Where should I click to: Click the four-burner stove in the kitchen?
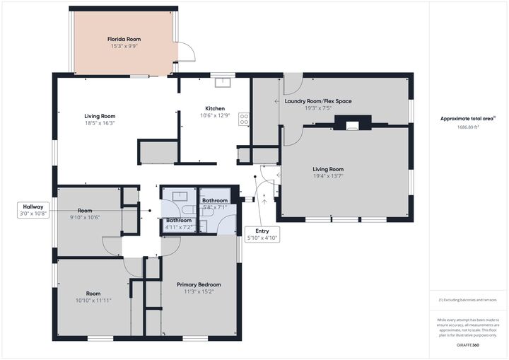pyautogui.click(x=244, y=119)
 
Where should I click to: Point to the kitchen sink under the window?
pyautogui.click(x=223, y=81)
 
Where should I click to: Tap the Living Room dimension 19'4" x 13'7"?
pyautogui.click(x=328, y=176)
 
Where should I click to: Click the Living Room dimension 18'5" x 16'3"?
pyautogui.click(x=100, y=123)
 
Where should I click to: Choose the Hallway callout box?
pyautogui.click(x=33, y=209)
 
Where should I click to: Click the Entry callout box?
pyautogui.click(x=262, y=234)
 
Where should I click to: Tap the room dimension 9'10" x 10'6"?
pyautogui.click(x=85, y=217)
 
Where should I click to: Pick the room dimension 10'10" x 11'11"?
pyautogui.click(x=93, y=300)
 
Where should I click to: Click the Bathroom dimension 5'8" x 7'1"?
pyautogui.click(x=215, y=207)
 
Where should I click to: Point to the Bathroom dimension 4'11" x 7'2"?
pyautogui.click(x=178, y=227)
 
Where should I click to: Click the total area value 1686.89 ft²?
pyautogui.click(x=465, y=127)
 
